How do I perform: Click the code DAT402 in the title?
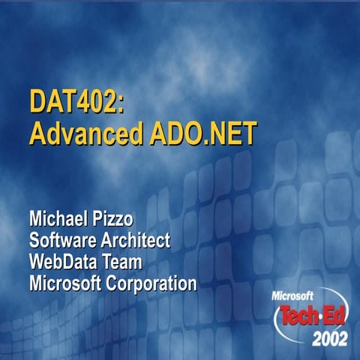coord(71,102)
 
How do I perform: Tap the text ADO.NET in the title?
coord(199,133)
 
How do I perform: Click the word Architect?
coord(137,241)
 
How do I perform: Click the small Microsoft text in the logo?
coord(294,295)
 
